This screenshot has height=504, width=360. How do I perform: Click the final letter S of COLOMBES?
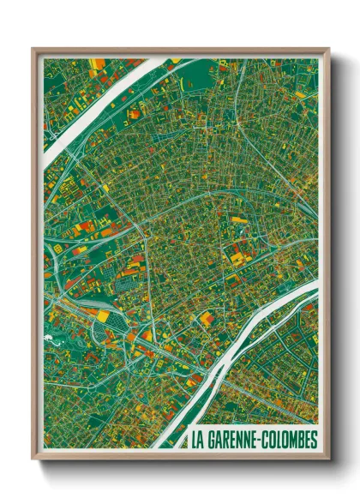pyautogui.click(x=313, y=441)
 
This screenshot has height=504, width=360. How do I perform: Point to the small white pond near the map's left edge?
pyautogui.click(x=53, y=339)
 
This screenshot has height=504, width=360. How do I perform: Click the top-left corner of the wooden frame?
pyautogui.click(x=33, y=48)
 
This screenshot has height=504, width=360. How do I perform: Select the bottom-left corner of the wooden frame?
pyautogui.click(x=33, y=460)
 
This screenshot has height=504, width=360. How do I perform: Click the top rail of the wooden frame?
pyautogui.click(x=180, y=49)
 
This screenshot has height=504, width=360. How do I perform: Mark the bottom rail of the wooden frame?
pyautogui.click(x=180, y=459)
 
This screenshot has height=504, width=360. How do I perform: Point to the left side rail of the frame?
pyautogui.click(x=34, y=257)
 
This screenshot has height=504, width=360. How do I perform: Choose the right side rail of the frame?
pyautogui.click(x=327, y=257)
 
